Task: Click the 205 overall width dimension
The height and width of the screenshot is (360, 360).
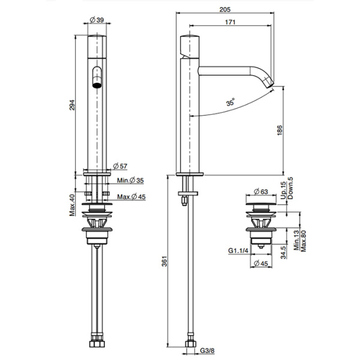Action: [225, 10]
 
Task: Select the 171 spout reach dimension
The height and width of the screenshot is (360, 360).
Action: [230, 22]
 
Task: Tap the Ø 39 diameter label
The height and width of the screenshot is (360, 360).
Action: [97, 20]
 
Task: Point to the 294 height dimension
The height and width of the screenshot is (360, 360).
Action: [72, 105]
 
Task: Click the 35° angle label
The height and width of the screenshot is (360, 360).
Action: [230, 102]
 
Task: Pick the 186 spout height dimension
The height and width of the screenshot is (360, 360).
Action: [280, 130]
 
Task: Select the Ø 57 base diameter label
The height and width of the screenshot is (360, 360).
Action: [120, 166]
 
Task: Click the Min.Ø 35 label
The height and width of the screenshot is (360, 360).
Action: [130, 181]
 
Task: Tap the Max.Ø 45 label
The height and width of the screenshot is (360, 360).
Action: [131, 197]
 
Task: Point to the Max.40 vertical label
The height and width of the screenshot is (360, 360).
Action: [73, 205]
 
